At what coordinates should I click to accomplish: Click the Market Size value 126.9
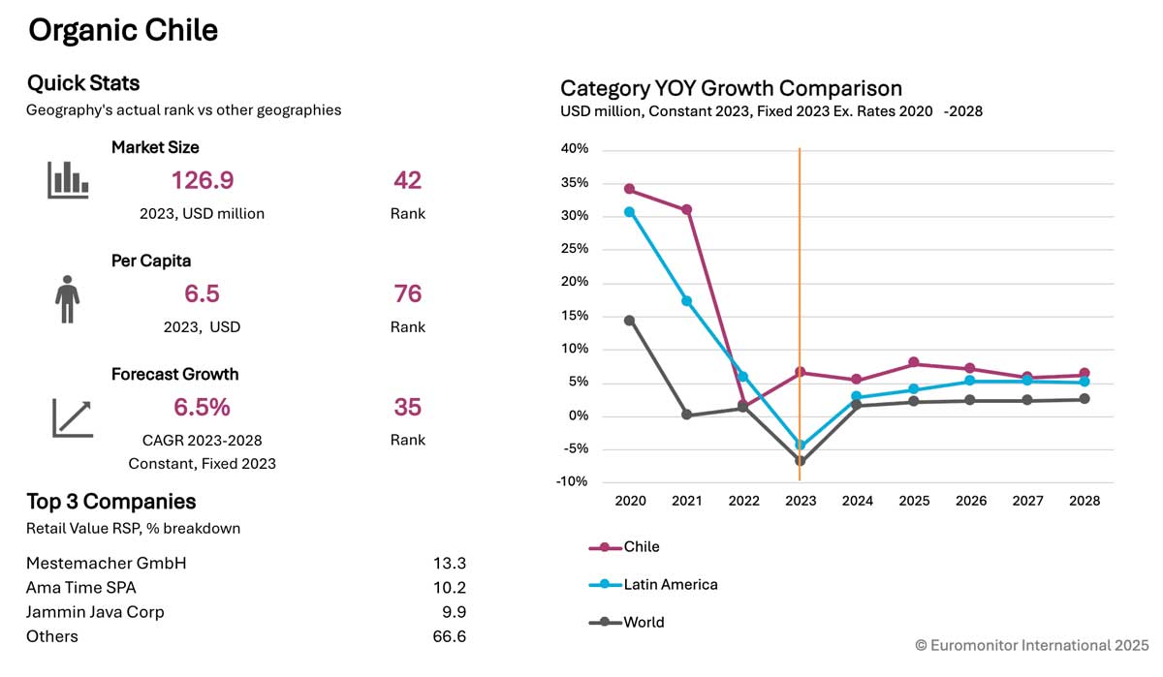coord(203,181)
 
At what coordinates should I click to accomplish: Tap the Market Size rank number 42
coord(407,181)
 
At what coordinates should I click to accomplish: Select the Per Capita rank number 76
coord(407,294)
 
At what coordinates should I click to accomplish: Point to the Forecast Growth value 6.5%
coord(202,407)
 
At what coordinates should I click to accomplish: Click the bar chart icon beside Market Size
coord(68,180)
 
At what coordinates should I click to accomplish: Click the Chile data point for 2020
coord(630,189)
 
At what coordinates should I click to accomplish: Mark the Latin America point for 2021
coord(686,301)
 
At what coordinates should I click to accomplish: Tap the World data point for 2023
coord(800,461)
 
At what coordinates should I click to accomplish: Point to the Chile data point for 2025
coord(914,363)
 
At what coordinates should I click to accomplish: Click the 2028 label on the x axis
coord(1084,502)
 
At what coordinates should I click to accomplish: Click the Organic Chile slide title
coord(123,31)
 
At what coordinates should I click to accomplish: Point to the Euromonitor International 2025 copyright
coord(1031,645)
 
